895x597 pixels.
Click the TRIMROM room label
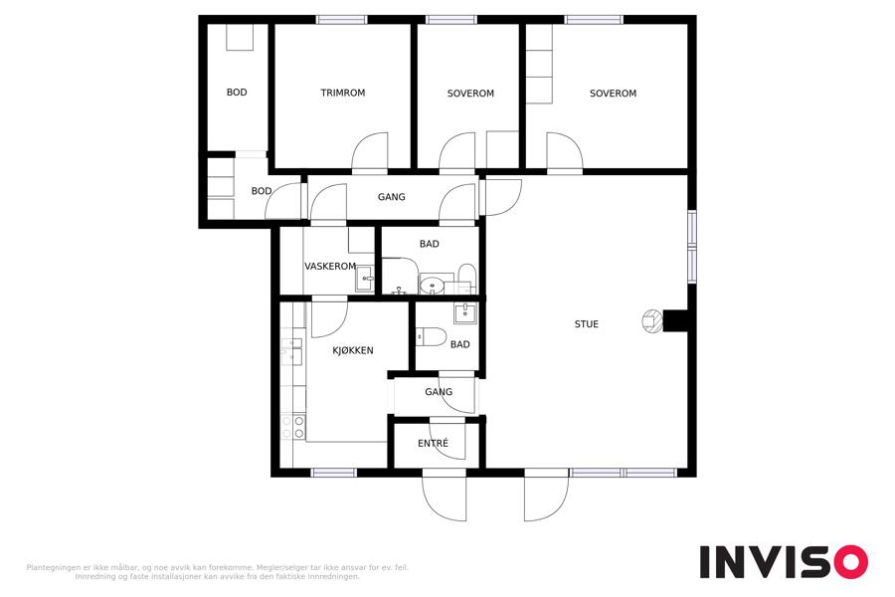click(342, 93)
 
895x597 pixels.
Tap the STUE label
click(586, 324)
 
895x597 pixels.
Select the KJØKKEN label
click(353, 350)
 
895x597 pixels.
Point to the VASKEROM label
click(330, 267)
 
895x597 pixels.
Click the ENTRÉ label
click(433, 443)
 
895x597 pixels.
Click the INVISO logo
click(784, 561)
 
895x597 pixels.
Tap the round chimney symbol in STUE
click(652, 321)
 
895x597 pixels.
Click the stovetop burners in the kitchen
click(292, 427)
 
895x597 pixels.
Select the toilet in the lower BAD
click(431, 337)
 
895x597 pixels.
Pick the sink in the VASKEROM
click(365, 279)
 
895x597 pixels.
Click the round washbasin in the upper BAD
click(433, 284)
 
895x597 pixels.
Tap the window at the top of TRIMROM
click(341, 20)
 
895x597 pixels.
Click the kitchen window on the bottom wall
click(333, 473)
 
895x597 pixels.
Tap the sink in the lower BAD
click(465, 313)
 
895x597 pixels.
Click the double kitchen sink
click(291, 351)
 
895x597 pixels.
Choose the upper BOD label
click(237, 92)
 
